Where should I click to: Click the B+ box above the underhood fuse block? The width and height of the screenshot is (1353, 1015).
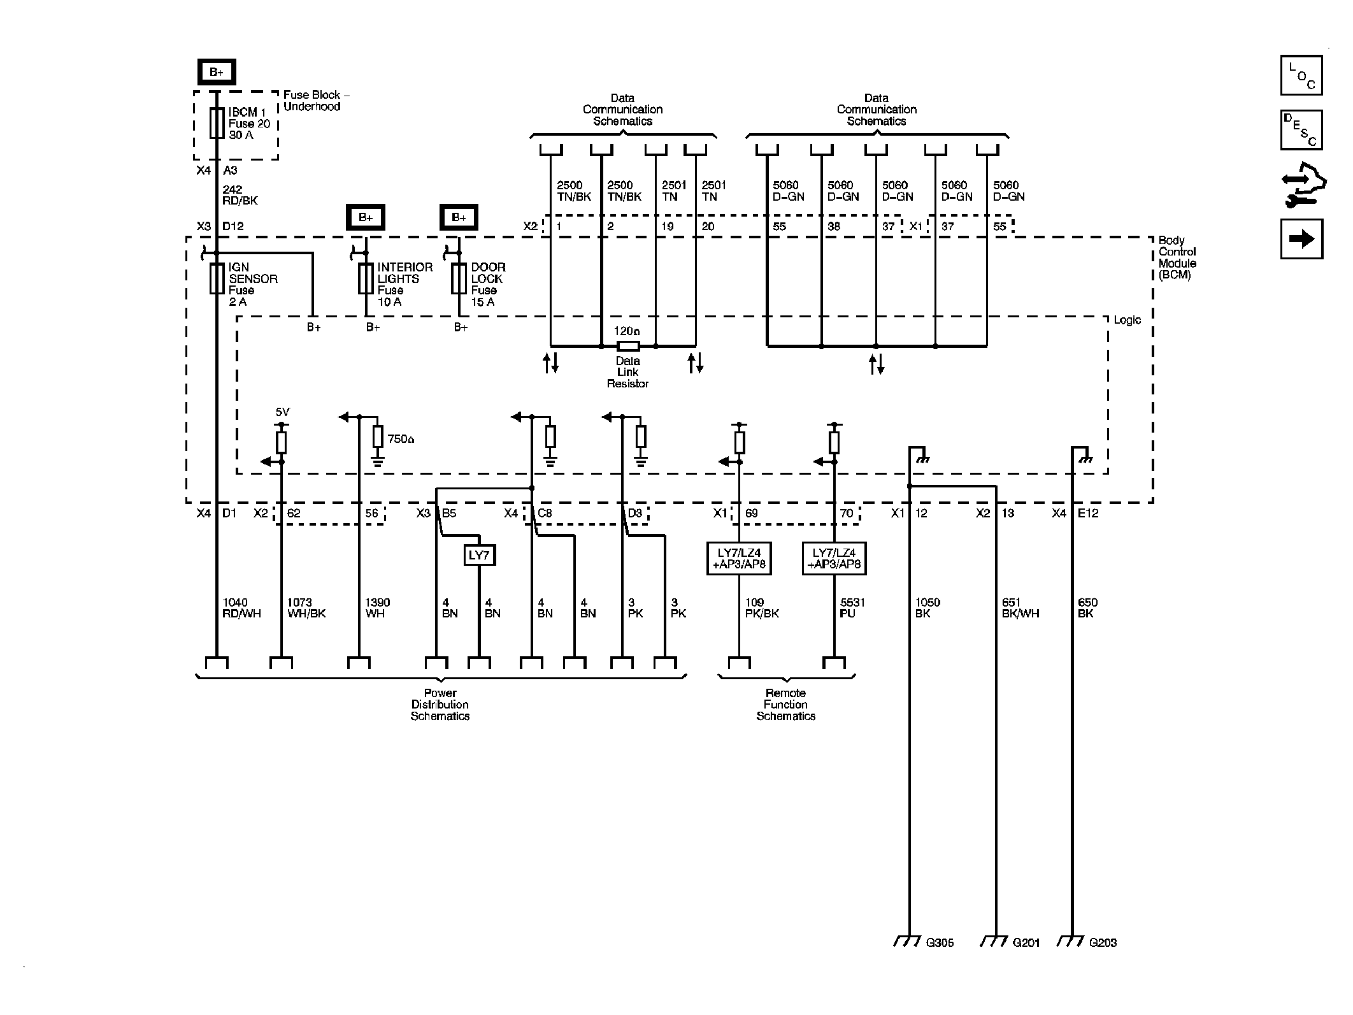217,72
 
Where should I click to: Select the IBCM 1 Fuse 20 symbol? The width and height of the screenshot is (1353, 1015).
217,123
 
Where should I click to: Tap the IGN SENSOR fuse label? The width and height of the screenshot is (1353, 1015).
252,284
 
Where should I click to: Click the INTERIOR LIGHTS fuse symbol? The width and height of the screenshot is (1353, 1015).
366,278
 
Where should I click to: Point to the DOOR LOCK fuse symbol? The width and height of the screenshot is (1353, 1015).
459,278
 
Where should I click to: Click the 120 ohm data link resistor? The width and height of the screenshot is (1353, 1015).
628,346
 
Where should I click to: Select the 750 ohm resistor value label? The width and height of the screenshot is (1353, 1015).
401,439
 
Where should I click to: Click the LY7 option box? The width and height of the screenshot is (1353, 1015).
479,555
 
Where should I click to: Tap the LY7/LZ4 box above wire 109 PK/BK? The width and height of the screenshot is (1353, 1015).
739,559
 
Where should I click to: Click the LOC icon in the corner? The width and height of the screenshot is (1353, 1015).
1301,75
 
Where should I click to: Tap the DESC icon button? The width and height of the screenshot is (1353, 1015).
1301,130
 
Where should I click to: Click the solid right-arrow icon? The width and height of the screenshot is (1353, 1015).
1301,239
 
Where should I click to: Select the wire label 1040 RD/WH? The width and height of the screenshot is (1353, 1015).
241,608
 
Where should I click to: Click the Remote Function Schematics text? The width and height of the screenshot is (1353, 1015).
785,704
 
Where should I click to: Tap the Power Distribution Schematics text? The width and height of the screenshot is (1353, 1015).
440,704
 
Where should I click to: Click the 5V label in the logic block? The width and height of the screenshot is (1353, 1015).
282,412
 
